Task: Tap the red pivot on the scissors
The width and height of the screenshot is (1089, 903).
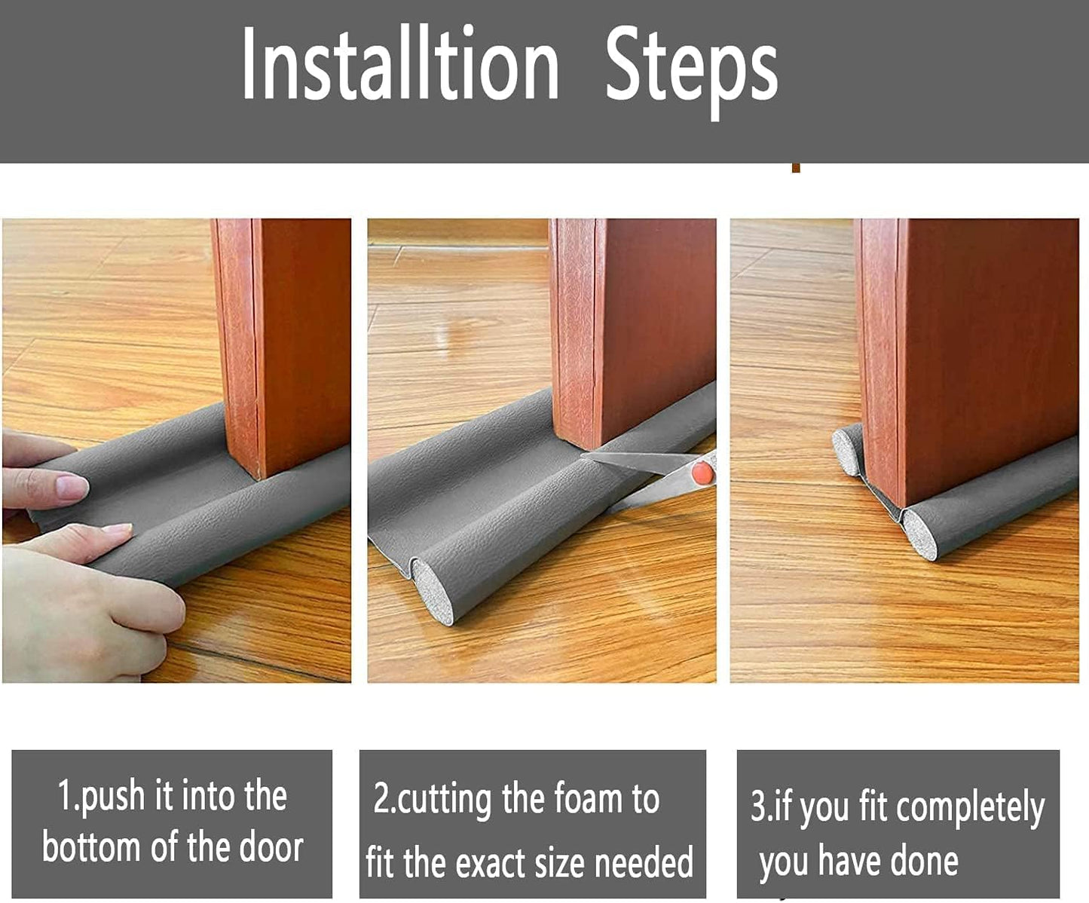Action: [702, 473]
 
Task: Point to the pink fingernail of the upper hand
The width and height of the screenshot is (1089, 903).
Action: [72, 487]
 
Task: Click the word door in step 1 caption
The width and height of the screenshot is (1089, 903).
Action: [271, 847]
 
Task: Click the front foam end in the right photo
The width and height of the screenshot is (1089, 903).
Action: [919, 534]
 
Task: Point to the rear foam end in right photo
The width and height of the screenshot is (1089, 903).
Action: [848, 450]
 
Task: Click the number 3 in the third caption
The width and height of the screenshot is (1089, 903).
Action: [757, 807]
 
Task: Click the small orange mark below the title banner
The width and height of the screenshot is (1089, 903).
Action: [795, 167]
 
